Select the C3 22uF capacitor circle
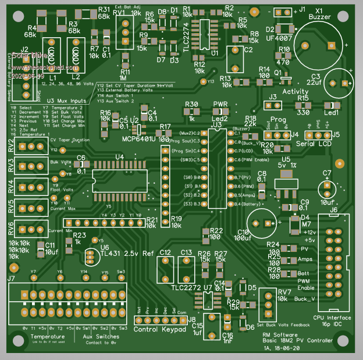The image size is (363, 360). [339, 84]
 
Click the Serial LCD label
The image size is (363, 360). [313, 144]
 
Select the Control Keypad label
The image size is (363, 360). [160, 330]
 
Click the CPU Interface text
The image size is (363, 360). [332, 318]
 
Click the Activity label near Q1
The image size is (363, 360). [295, 91]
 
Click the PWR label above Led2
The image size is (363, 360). [220, 104]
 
